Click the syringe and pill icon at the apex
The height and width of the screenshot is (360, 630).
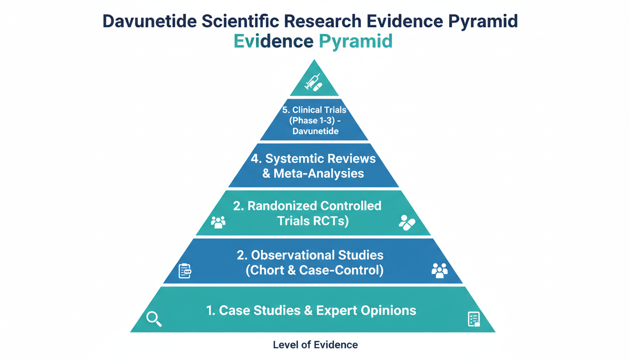[x=314, y=82]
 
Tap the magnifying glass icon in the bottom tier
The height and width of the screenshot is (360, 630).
[x=154, y=319]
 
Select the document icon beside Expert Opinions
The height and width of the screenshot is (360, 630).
[x=474, y=319]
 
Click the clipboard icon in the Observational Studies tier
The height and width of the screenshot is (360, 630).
[x=185, y=270]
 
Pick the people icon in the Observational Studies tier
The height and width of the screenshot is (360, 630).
[x=439, y=270]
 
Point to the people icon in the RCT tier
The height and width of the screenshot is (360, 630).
[x=218, y=222]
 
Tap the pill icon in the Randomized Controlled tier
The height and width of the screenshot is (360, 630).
[x=406, y=222]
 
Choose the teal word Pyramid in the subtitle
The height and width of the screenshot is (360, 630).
[x=355, y=41]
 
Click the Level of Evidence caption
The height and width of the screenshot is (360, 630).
[x=315, y=345]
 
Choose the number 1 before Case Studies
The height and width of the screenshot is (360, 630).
[x=210, y=310]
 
